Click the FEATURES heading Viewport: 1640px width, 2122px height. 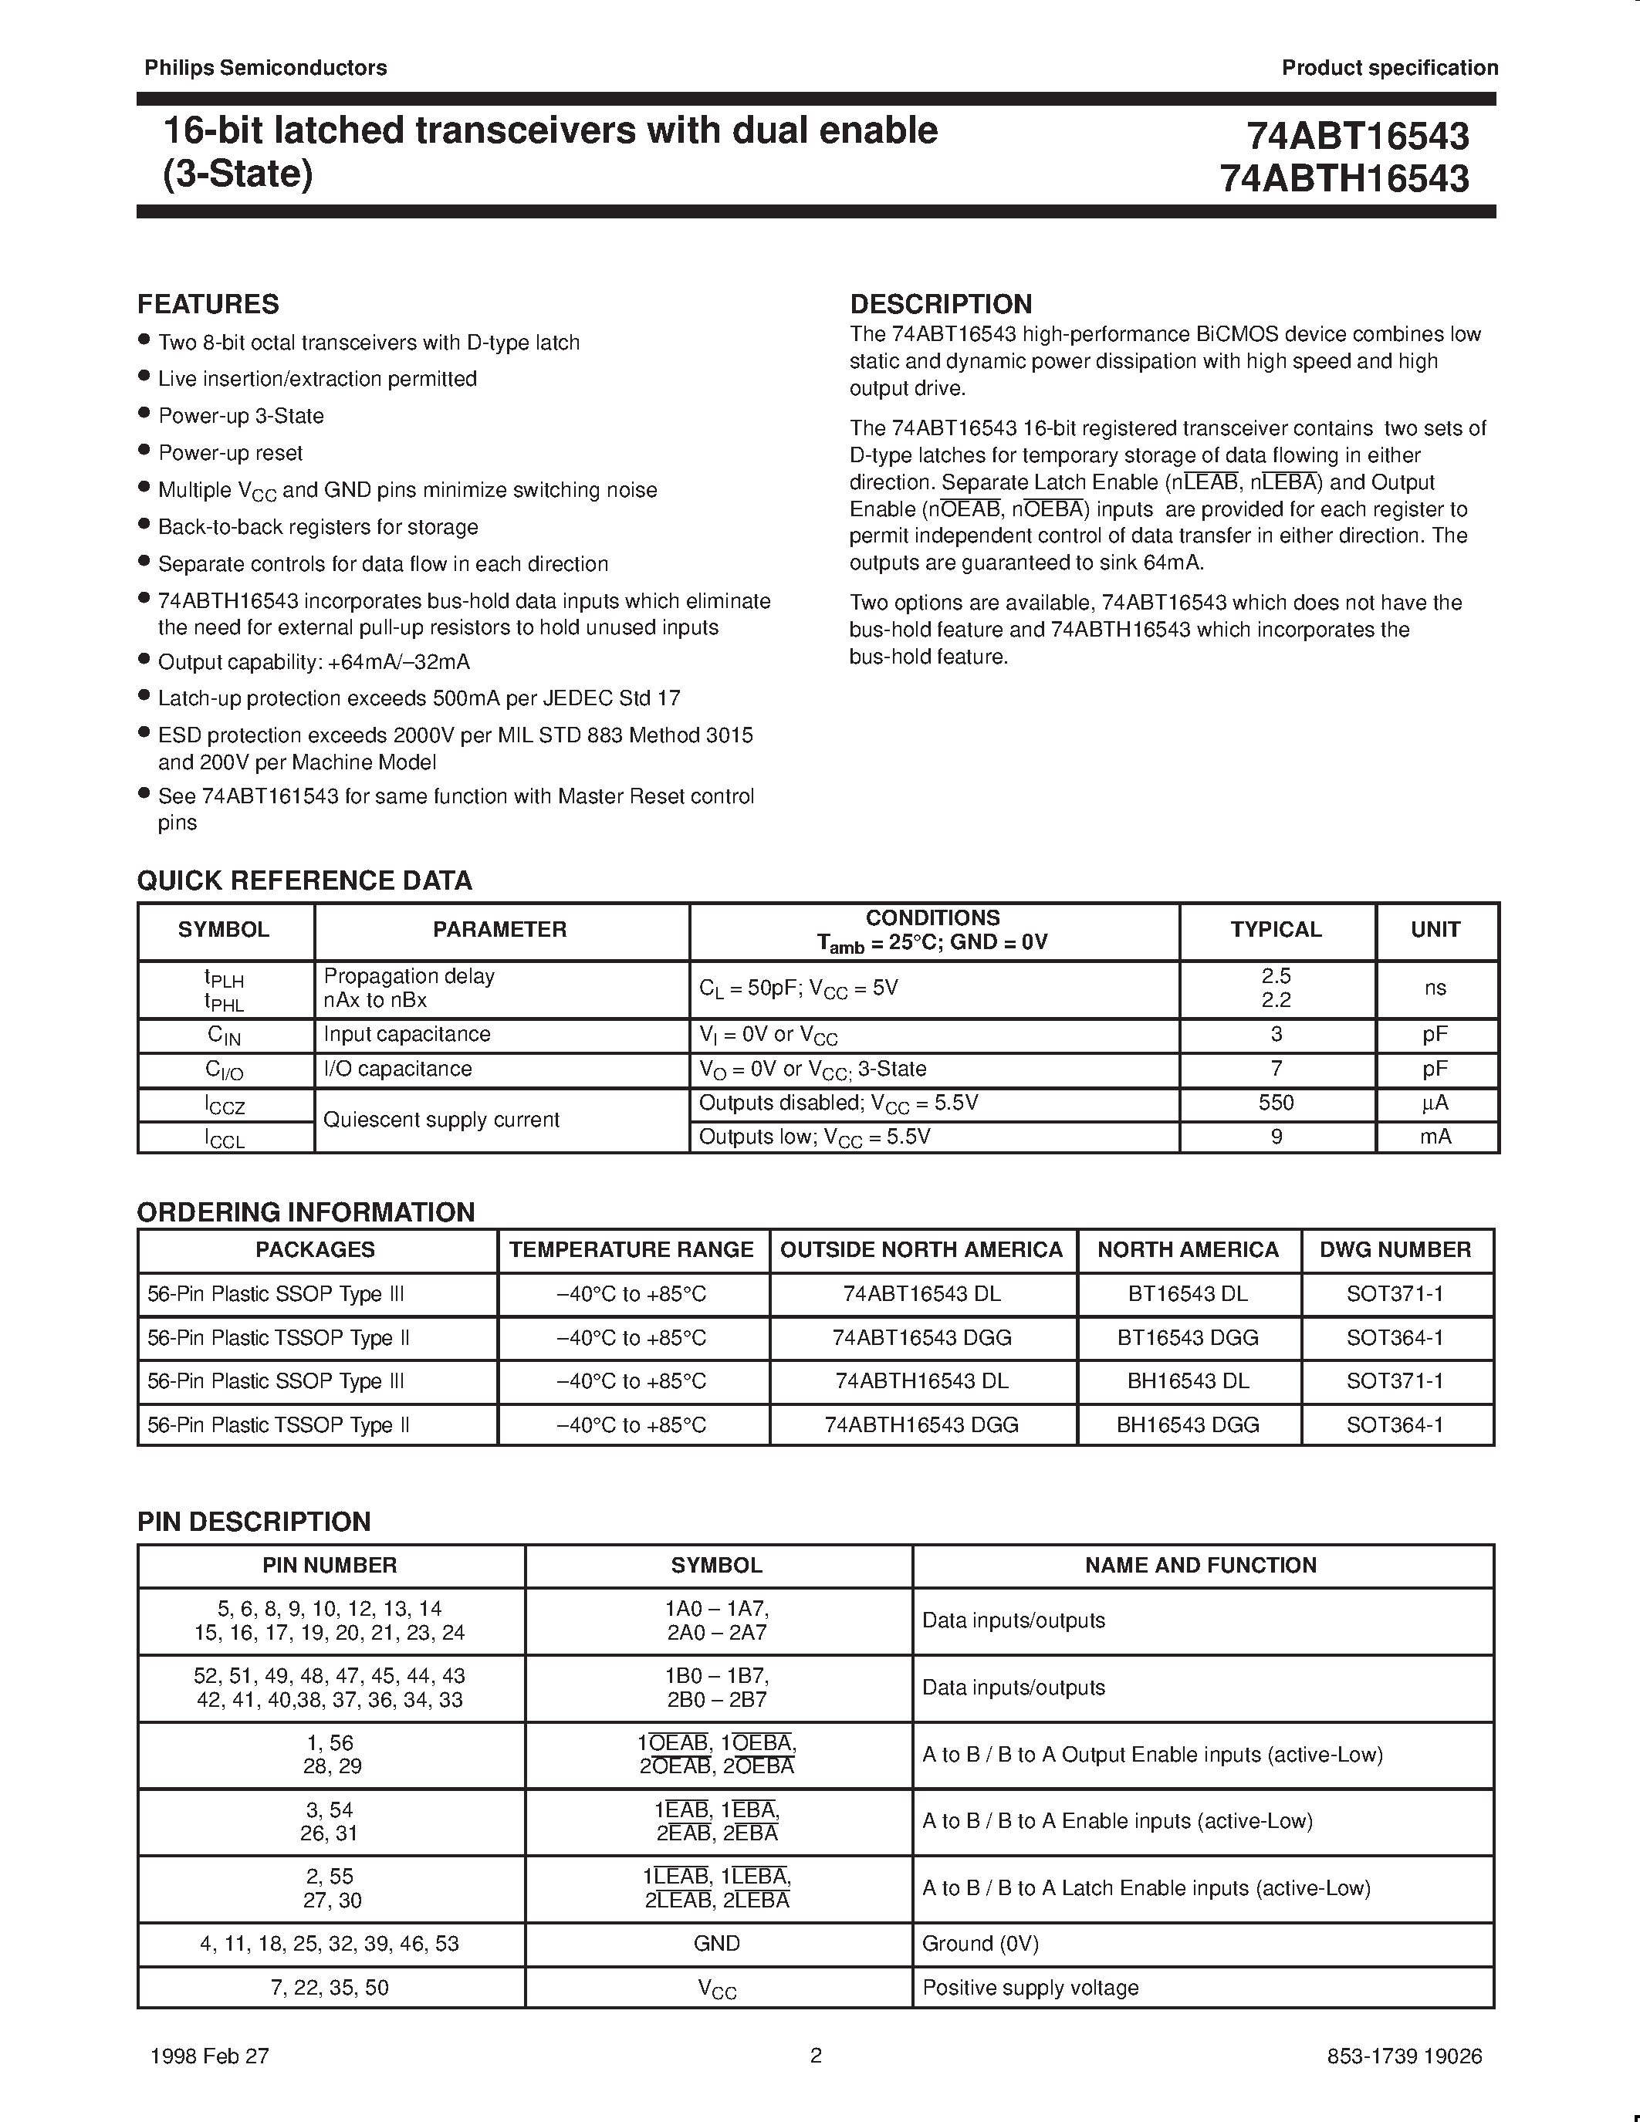coord(208,304)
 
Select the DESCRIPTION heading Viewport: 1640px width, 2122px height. coord(941,304)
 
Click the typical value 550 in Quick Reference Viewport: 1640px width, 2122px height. coord(1276,1103)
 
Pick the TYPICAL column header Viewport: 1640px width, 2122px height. coord(1276,930)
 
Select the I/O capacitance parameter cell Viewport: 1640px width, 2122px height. coord(397,1069)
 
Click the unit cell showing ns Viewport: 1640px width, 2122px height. coord(1435,988)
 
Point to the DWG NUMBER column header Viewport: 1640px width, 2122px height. coord(1395,1249)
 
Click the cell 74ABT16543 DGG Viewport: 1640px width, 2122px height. coord(922,1338)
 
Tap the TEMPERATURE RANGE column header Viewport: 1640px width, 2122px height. coord(631,1249)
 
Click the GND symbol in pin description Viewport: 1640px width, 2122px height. coord(717,1943)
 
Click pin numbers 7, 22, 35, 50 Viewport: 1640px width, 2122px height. coord(330,1988)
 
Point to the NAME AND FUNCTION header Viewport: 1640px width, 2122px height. coord(1201,1566)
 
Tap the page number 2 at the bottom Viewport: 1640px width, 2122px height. coord(816,2055)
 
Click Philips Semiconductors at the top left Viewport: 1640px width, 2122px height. coord(265,68)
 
